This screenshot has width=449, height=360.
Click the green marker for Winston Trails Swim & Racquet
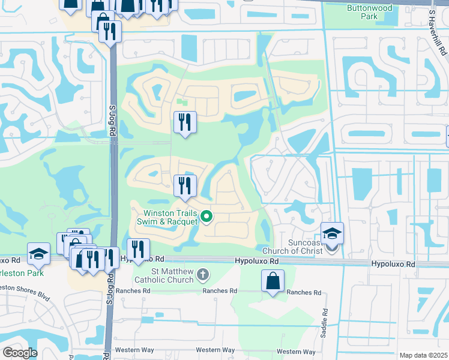[x=206, y=217]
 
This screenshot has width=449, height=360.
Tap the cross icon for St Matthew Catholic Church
[x=203, y=274]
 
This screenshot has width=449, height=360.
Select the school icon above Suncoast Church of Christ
[x=332, y=233]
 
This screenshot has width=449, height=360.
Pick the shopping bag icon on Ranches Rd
[x=273, y=281]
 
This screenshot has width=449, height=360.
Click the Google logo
[x=19, y=353]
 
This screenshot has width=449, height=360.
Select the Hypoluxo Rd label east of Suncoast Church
[x=393, y=264]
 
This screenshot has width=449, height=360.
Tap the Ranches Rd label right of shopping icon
[x=304, y=293]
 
